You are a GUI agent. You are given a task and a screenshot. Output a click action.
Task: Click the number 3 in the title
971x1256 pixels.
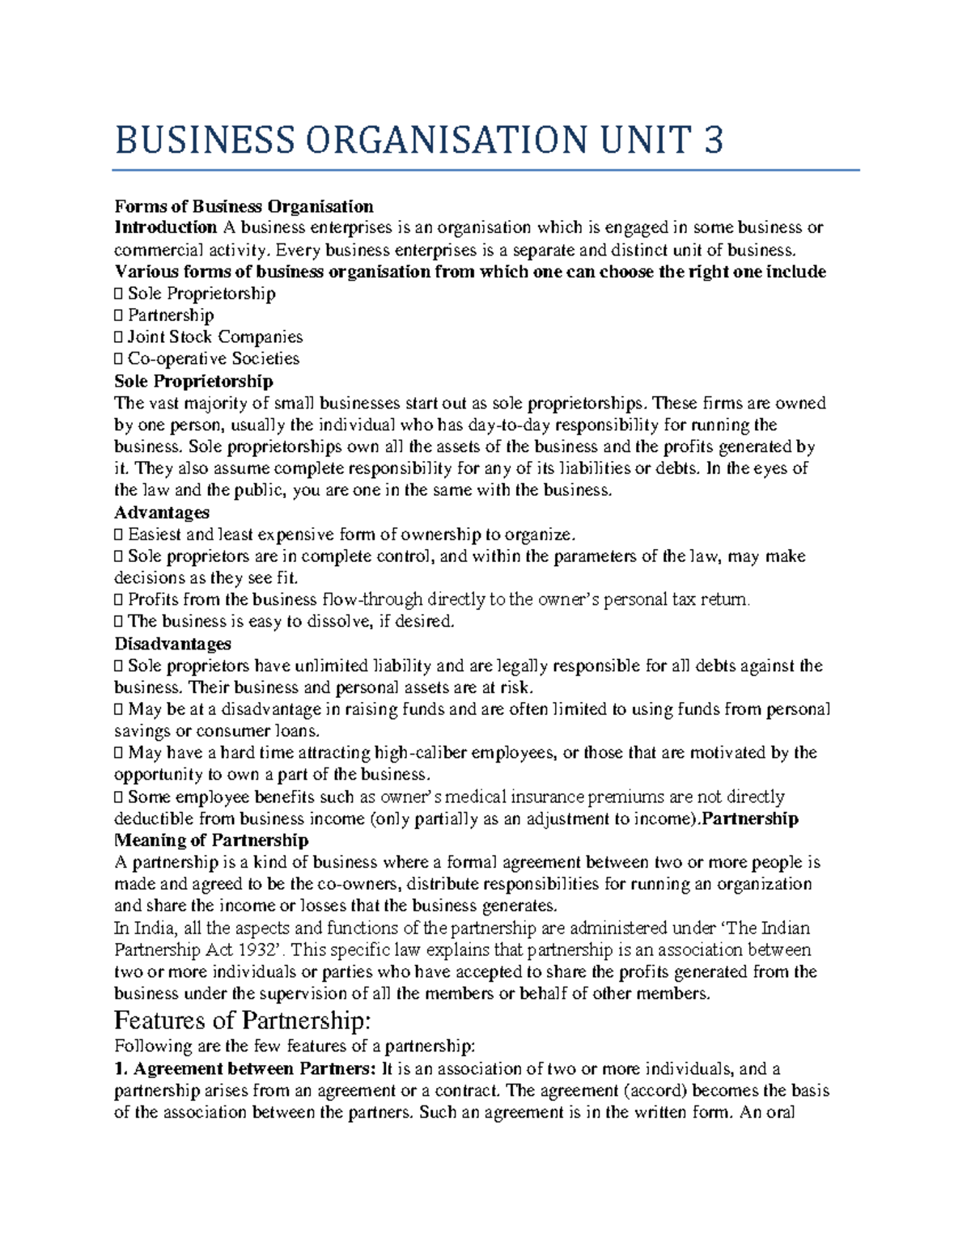(712, 140)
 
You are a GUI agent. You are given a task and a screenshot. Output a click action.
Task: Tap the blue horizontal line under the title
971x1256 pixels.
(485, 171)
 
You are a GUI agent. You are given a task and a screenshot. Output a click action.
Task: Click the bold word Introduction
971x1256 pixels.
(165, 227)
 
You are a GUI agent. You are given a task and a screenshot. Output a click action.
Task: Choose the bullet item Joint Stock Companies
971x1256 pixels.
(214, 336)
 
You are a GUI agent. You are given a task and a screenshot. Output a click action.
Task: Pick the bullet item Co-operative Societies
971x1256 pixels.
(213, 358)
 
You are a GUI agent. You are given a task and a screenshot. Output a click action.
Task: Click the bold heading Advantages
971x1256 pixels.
(162, 512)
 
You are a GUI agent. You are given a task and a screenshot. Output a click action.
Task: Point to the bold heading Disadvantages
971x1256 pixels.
(172, 644)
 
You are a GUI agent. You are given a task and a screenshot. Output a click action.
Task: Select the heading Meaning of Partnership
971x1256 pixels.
(211, 840)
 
